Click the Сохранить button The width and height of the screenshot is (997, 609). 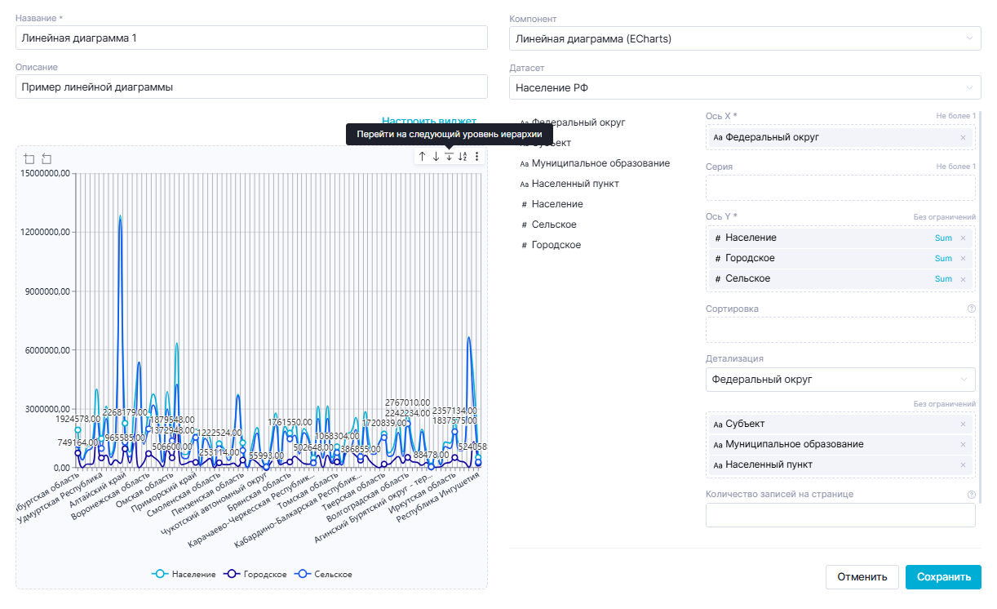943,577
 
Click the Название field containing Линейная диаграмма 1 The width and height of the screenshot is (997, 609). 251,38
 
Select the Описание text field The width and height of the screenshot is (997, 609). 251,87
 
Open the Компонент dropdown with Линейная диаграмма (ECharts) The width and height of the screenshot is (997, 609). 744,38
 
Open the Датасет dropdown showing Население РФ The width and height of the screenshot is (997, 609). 744,87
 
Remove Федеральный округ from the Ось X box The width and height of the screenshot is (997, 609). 963,137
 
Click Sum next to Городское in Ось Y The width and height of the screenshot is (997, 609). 943,259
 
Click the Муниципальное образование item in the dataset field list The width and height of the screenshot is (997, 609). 600,163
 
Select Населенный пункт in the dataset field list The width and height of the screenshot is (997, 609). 574,184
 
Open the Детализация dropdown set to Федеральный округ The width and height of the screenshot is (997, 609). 840,380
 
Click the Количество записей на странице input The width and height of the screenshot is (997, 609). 840,515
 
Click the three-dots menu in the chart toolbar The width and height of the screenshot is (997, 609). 476,156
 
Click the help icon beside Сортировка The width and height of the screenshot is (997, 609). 971,309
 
